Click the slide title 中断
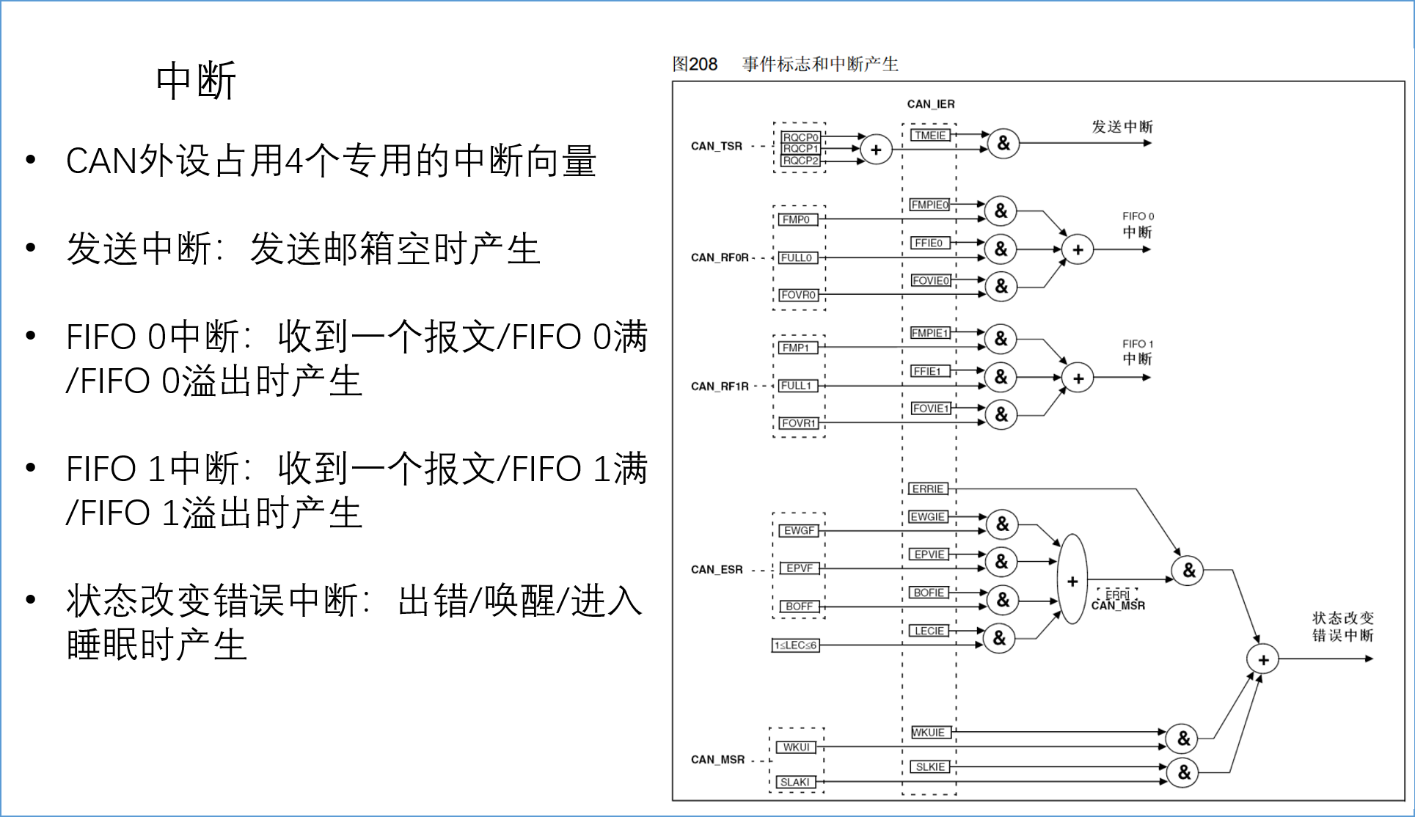pos(195,81)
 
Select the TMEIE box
pos(930,135)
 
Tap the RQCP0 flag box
pos(800,137)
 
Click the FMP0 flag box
pos(796,219)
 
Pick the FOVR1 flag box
pos(798,423)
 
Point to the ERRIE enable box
pos(928,488)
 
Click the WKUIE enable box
pos(929,732)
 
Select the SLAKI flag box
pos(795,782)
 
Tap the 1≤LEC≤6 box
pos(795,645)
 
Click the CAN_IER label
pos(931,104)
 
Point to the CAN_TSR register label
pos(717,146)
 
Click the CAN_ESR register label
pos(717,569)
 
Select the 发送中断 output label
pos(1122,127)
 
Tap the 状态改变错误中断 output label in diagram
pos(1342,626)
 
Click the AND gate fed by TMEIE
pos(1003,143)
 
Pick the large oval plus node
pos(1072,579)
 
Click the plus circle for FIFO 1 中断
pos(1078,378)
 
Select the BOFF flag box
pos(799,607)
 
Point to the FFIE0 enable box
pos(929,243)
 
